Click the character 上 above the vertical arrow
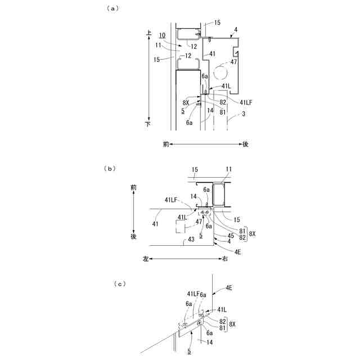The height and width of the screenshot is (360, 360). [x=149, y=34]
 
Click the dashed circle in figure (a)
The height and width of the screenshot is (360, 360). [x=220, y=73]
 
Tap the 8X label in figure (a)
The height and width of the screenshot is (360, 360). [x=186, y=103]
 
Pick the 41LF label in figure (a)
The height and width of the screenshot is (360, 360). [x=246, y=102]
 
